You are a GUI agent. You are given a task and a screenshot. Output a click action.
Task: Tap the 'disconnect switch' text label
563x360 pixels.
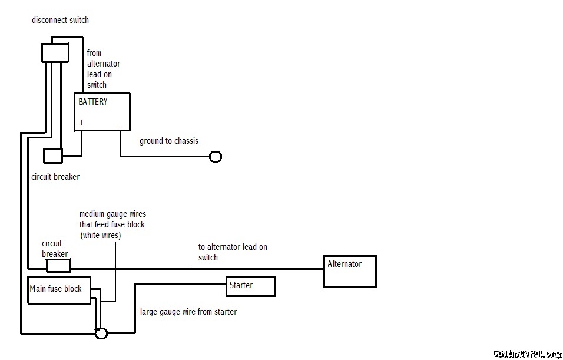point(60,20)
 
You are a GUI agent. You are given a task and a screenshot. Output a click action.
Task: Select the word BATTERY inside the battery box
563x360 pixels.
point(93,101)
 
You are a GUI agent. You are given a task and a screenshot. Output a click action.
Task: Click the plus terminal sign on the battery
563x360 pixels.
point(81,123)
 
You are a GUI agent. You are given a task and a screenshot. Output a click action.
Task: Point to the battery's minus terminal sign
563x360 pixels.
point(120,125)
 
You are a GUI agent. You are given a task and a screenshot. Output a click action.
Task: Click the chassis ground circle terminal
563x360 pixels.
point(216,157)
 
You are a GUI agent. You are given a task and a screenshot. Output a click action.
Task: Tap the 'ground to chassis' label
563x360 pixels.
point(169,141)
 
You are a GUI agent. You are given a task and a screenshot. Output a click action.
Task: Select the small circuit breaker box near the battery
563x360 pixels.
point(52,156)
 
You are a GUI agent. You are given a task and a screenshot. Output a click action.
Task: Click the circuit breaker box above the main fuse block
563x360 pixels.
point(58,266)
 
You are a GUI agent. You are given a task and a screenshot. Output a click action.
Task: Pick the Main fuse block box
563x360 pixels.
point(59,290)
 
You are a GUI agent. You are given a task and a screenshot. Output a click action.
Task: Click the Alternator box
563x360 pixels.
point(350,271)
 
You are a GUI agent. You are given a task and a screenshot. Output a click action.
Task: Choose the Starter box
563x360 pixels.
point(250,286)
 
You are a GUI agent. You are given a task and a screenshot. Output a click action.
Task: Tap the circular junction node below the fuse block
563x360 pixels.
point(101,333)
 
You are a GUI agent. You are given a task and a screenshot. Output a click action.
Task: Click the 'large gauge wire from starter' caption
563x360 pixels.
point(188,312)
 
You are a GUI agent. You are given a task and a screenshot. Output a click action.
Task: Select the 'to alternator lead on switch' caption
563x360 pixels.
point(233,252)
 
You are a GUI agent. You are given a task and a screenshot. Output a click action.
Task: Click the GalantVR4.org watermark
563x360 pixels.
point(526,354)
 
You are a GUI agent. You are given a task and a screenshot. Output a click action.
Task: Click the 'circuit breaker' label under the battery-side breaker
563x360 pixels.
point(55,176)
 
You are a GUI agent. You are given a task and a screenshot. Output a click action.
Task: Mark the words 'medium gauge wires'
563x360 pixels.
point(112,214)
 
